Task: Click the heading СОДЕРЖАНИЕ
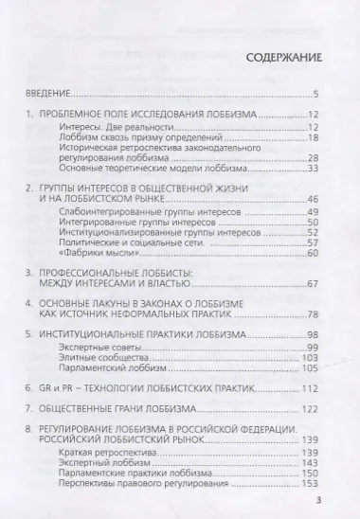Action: tap(283, 56)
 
